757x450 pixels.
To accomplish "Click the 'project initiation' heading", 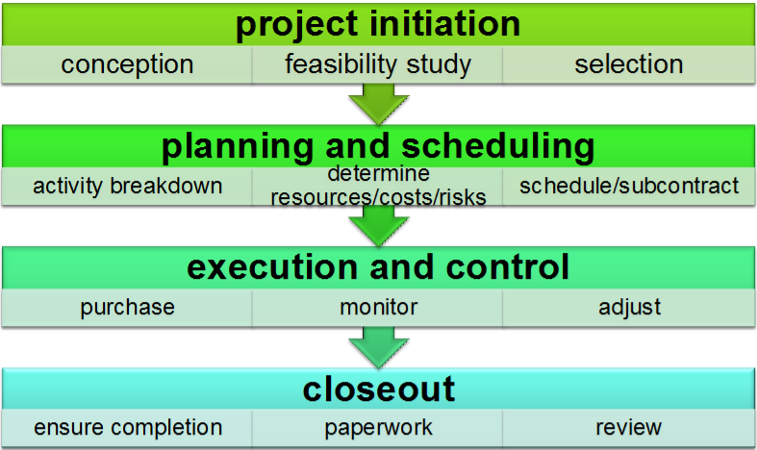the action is click(378, 23).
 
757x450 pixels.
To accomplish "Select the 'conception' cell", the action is click(127, 65).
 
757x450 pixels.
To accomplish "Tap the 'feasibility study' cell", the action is click(378, 65).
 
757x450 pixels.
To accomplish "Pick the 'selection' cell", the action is click(629, 65).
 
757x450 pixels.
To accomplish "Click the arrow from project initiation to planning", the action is click(378, 102).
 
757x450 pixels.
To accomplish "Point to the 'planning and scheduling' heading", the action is click(378, 146).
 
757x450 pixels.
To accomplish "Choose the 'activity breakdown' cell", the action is click(127, 186).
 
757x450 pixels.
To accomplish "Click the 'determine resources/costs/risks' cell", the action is click(378, 186).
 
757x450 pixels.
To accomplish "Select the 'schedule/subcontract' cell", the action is click(629, 186).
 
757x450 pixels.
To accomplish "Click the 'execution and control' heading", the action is click(378, 266).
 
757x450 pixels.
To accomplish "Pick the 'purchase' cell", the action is click(127, 308).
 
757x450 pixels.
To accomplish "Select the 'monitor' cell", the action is click(378, 308).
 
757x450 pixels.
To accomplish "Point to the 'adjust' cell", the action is click(629, 308).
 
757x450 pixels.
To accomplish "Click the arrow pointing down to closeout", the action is click(378, 345).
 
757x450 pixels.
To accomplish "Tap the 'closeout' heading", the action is click(378, 388).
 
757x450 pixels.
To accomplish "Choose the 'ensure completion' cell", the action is click(127, 427).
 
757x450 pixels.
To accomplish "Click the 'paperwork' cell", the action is click(378, 427).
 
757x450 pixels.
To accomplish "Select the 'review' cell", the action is click(629, 427).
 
